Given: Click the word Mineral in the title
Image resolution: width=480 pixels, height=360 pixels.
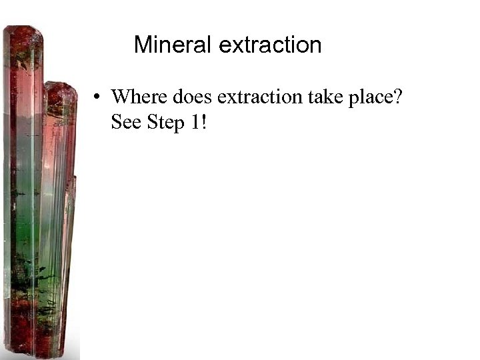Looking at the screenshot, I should [x=173, y=45].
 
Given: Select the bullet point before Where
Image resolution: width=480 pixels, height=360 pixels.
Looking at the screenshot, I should [x=97, y=97].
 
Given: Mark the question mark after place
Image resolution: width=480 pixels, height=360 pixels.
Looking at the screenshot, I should [x=398, y=97].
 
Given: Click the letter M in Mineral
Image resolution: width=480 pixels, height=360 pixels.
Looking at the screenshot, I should [x=142, y=45].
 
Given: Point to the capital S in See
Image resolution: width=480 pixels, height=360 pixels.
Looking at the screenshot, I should [x=116, y=124].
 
